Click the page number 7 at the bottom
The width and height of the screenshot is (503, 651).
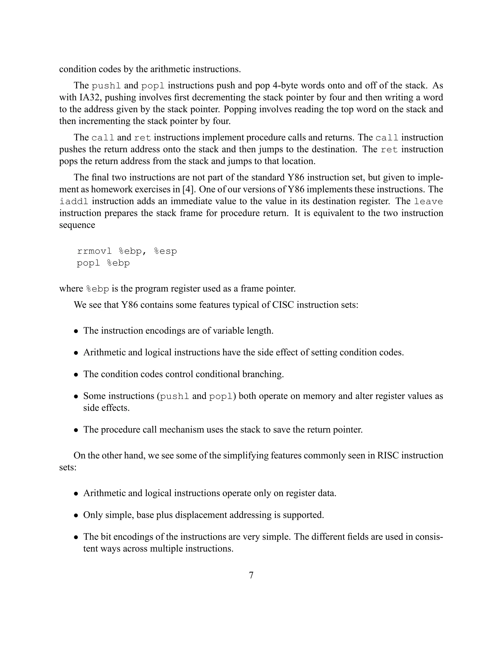click(x=251, y=575)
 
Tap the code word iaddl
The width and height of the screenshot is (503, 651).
click(x=74, y=201)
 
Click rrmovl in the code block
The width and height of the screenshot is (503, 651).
click(x=95, y=251)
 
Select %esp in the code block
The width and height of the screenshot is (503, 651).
click(x=166, y=251)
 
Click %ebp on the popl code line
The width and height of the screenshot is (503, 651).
click(x=118, y=263)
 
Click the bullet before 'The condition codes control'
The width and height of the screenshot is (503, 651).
click(x=76, y=374)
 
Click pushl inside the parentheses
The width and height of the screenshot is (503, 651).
click(x=175, y=396)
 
